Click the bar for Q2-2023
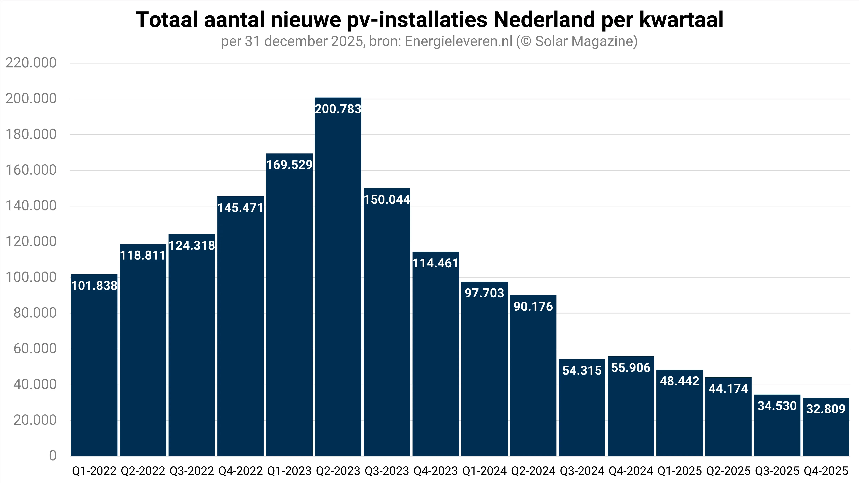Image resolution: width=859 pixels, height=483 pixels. click(x=338, y=284)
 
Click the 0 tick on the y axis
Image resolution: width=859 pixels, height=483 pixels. click(x=53, y=456)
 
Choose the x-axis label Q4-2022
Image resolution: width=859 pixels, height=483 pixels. click(x=240, y=471)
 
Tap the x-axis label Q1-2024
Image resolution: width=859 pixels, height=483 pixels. click(x=484, y=471)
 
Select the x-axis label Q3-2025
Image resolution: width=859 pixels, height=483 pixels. click(x=777, y=471)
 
